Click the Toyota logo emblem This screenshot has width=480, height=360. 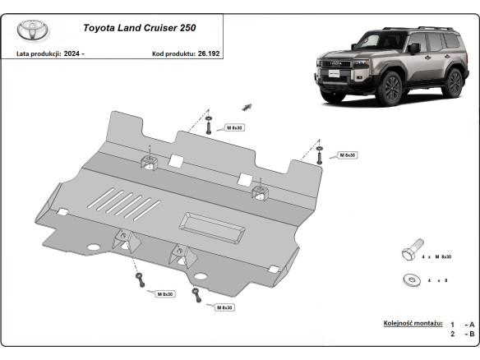[33, 30]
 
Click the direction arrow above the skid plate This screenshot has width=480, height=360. [245, 105]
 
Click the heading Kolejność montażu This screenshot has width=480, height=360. [413, 323]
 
